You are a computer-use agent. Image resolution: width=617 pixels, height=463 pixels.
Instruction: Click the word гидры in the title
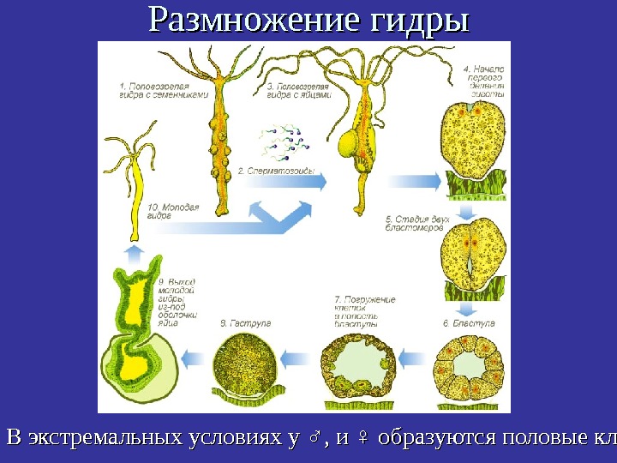[x=419, y=21]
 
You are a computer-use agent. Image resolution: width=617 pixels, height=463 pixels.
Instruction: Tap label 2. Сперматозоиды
[x=273, y=171]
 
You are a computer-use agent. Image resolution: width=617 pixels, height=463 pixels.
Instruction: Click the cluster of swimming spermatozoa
[x=283, y=141]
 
